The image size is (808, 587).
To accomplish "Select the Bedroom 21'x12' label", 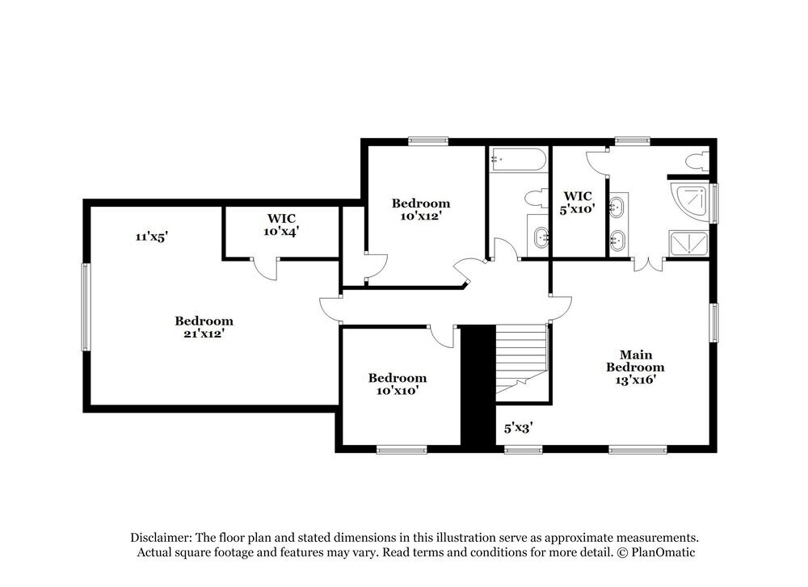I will tap(204, 327).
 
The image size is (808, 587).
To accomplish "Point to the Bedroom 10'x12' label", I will tap(421, 209).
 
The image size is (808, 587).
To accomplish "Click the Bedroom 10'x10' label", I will tap(398, 384).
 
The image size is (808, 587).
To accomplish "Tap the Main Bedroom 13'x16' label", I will tap(635, 367).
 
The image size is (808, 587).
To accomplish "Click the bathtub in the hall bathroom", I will tap(518, 160).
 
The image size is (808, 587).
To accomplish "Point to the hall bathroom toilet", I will tap(535, 197).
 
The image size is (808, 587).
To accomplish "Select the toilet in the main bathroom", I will tap(694, 161).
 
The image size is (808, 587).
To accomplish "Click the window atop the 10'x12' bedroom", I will tap(428, 140).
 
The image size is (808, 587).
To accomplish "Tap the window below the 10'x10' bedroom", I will tap(402, 450).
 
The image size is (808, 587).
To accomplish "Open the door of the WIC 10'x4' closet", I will tap(265, 269).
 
